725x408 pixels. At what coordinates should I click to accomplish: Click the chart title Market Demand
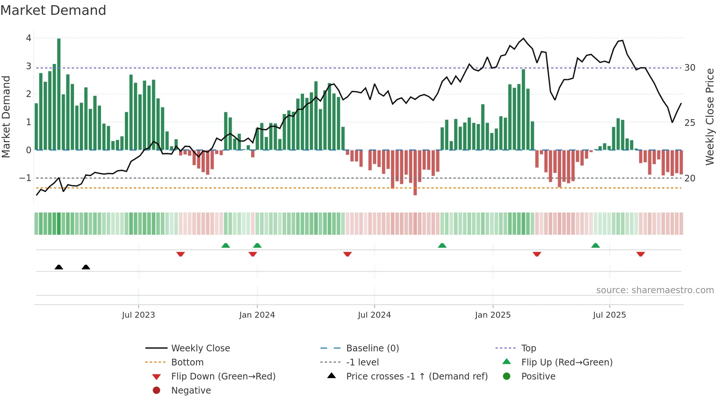(53, 10)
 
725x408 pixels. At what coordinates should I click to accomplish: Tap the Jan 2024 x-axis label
(257, 315)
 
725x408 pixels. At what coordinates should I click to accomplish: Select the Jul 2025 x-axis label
(609, 315)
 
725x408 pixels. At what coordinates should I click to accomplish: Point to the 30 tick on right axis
(690, 68)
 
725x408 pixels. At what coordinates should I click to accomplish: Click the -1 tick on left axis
(25, 178)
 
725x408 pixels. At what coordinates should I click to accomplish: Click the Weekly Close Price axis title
(709, 117)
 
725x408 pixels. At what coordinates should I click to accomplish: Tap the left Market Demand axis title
(6, 117)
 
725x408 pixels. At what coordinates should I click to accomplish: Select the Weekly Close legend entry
(200, 348)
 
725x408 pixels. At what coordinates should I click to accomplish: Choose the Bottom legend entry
(187, 362)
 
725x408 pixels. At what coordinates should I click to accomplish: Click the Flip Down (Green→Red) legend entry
(223, 377)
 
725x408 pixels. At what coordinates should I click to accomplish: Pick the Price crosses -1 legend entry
(417, 377)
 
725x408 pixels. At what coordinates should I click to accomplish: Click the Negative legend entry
(191, 391)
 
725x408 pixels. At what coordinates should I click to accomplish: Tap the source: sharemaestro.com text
(655, 290)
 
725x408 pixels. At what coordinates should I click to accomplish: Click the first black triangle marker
(59, 267)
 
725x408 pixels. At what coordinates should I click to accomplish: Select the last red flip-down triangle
(641, 254)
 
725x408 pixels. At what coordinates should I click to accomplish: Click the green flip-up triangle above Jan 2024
(257, 245)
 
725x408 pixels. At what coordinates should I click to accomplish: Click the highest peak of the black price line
(523, 39)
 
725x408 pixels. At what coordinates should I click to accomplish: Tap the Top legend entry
(528, 348)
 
